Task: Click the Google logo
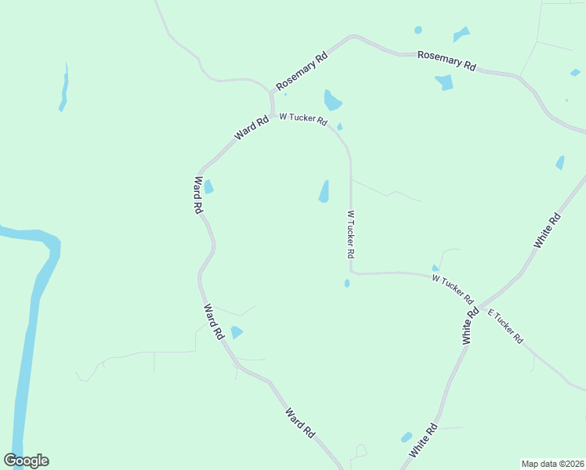tap(27, 461)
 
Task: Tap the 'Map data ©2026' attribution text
tap(552, 464)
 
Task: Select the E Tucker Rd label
tap(505, 327)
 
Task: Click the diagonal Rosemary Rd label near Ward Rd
tap(302, 72)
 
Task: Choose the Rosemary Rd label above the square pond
tap(447, 60)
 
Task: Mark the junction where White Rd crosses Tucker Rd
tap(479, 305)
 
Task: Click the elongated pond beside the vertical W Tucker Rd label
tap(324, 191)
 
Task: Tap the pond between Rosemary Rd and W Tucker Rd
tap(332, 100)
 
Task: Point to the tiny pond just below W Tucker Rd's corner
tap(346, 283)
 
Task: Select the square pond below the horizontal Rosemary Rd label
tap(444, 82)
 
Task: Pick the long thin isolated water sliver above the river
tap(63, 88)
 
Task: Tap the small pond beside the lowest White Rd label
tap(406, 437)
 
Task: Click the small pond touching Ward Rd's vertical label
tap(208, 186)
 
